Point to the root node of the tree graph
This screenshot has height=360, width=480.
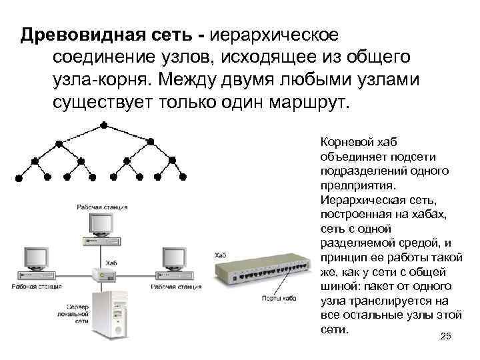103,125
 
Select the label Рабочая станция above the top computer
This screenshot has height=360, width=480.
102,207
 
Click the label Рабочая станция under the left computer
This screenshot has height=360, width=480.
35,287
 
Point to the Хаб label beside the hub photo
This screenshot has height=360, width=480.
220,255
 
